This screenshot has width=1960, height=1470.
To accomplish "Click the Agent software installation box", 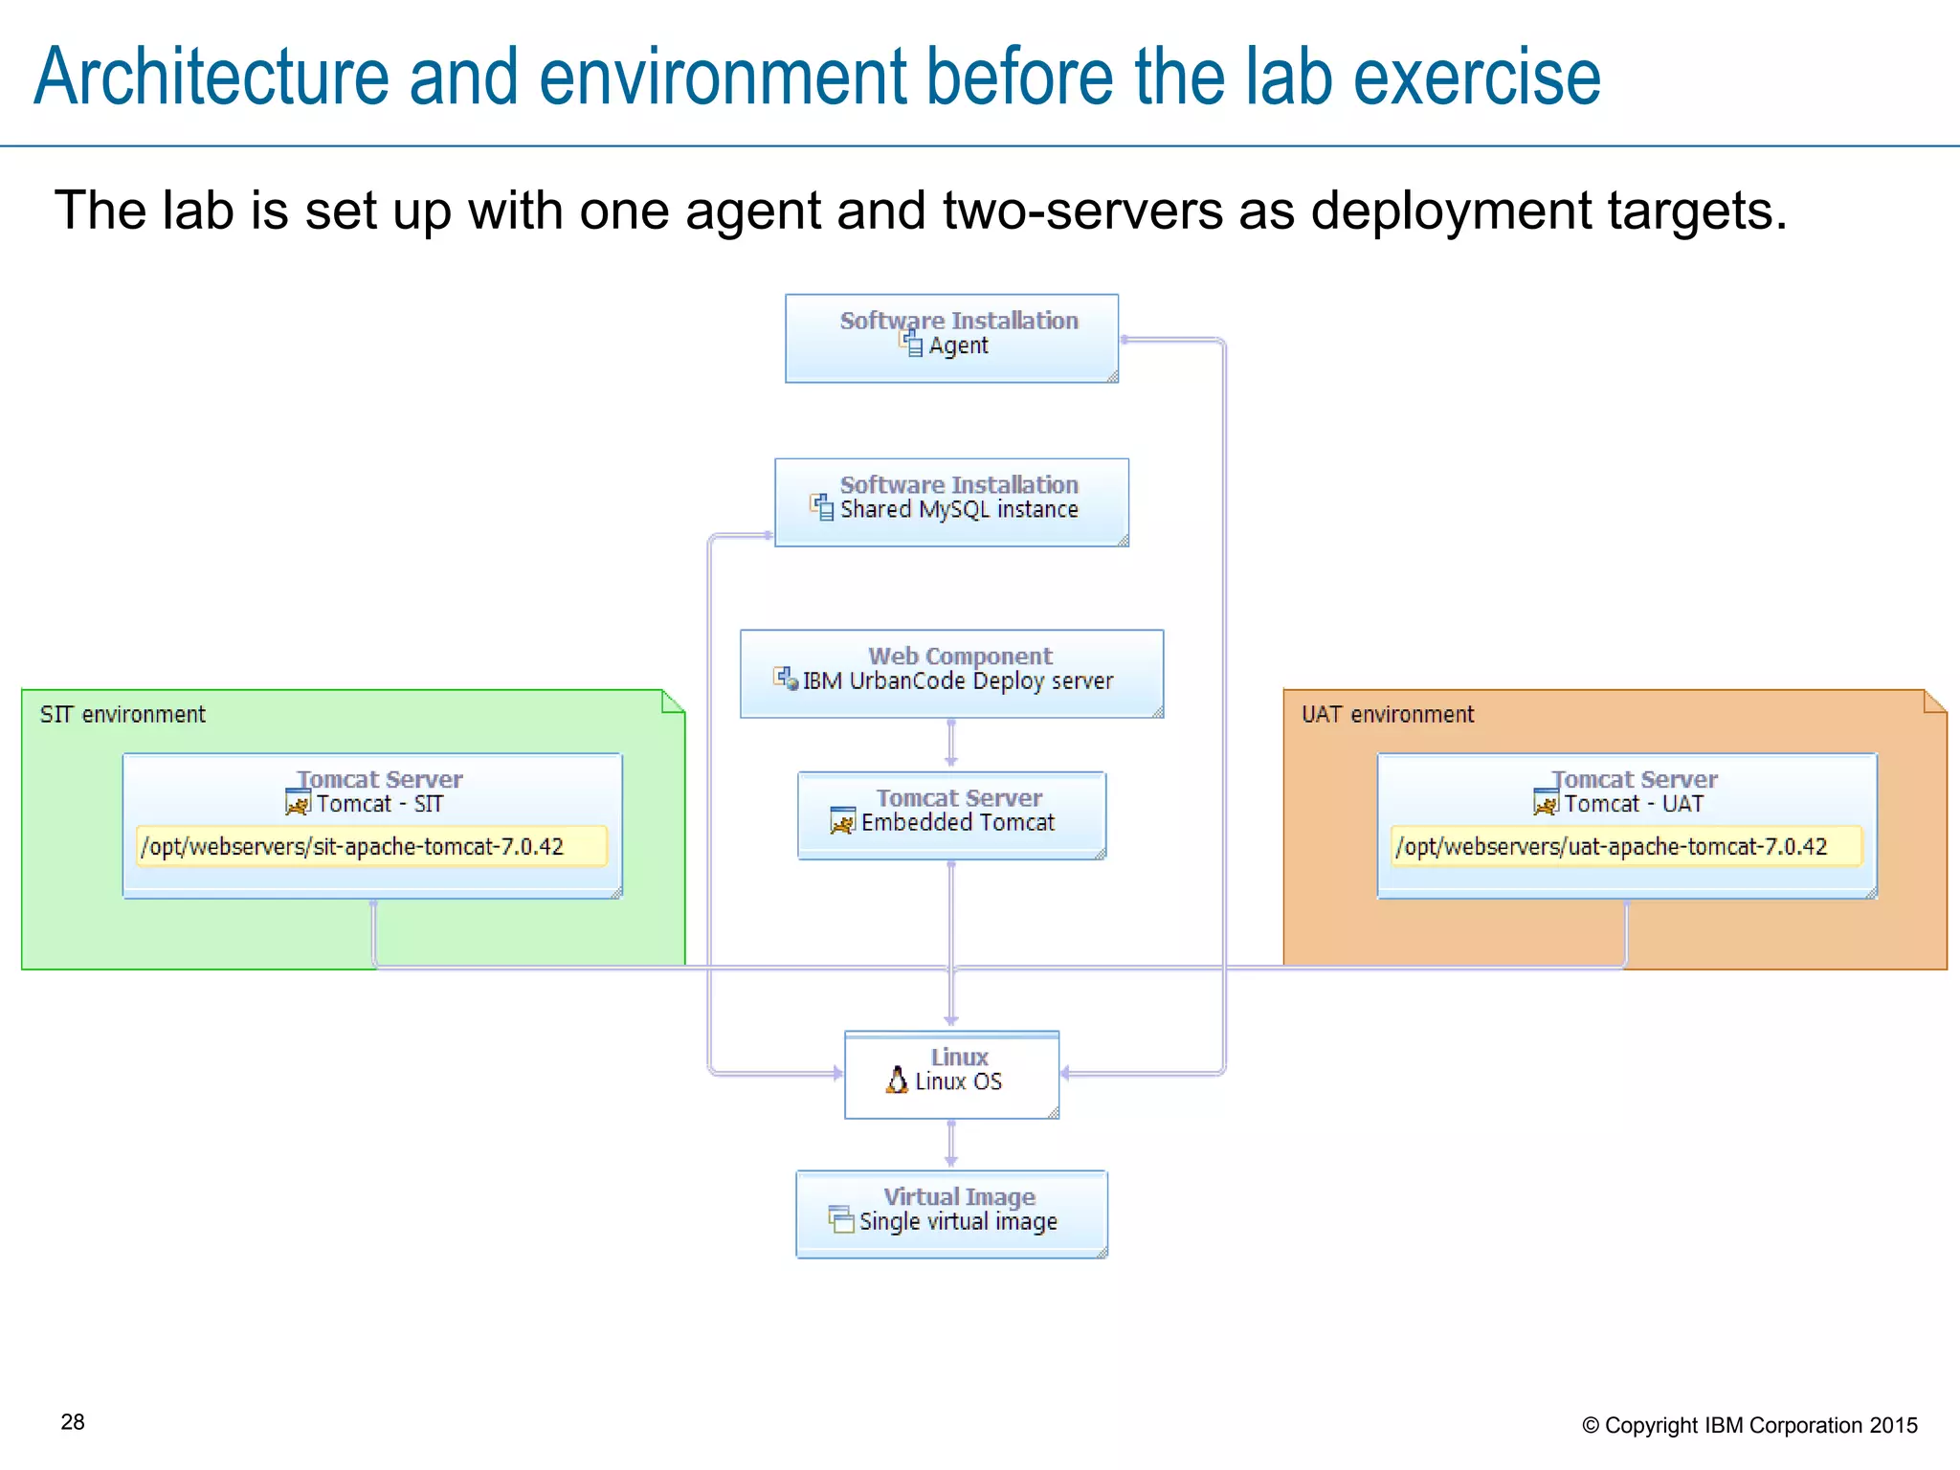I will (x=951, y=339).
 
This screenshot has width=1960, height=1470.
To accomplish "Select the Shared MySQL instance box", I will (x=951, y=502).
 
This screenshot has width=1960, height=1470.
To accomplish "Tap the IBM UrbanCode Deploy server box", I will (x=951, y=674).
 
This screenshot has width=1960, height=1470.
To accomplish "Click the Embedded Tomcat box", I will (x=951, y=815).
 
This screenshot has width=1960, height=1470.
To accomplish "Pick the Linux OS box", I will (x=951, y=1075).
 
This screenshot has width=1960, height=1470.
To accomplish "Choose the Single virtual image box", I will (x=951, y=1214).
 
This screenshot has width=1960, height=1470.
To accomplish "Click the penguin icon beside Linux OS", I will (x=897, y=1080).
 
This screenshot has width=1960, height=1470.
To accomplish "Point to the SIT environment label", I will (x=122, y=715).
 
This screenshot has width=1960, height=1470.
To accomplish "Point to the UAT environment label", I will (x=1387, y=715).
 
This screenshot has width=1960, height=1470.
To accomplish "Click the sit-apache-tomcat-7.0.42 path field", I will (x=371, y=847).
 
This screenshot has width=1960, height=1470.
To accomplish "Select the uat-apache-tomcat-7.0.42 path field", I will (x=1626, y=847).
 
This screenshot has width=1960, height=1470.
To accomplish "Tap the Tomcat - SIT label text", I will (x=380, y=804).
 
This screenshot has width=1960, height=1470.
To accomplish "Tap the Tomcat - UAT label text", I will (x=1634, y=804).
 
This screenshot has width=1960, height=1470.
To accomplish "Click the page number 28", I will (x=73, y=1422).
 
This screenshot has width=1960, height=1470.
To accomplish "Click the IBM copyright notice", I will (x=1749, y=1425).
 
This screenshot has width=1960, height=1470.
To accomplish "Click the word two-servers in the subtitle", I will (x=1082, y=211).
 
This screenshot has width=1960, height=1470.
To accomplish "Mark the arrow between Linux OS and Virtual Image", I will (x=950, y=1144).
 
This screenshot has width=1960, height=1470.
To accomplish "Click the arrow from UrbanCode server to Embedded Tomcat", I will (x=950, y=745).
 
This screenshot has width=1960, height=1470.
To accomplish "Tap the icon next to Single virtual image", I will (x=841, y=1219).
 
